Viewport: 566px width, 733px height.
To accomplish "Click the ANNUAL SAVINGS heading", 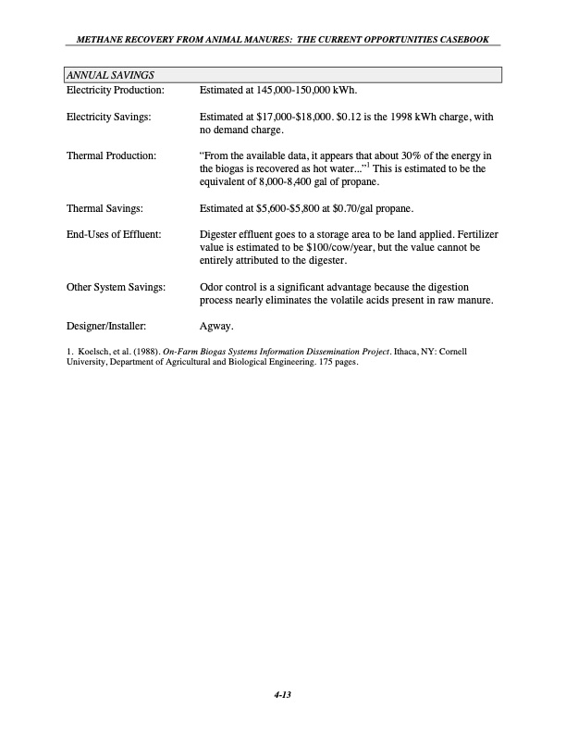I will [x=109, y=74].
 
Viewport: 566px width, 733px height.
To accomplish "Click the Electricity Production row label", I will [x=115, y=90].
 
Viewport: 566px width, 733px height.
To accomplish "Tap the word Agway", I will [x=217, y=326].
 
